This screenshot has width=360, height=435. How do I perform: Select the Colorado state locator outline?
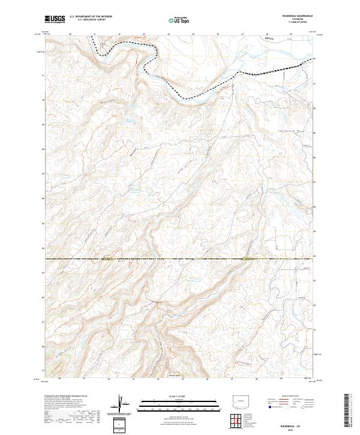pyautogui.click(x=242, y=400)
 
